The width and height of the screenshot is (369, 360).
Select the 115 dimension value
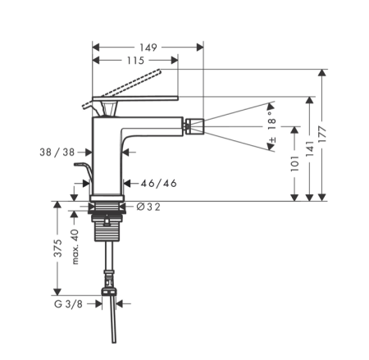tap(134, 62)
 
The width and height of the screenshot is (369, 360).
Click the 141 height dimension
tap(309, 148)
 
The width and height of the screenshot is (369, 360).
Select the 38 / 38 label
tap(57, 151)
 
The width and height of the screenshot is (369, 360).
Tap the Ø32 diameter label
tap(148, 207)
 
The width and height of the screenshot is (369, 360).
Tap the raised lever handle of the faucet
tap(131, 85)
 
